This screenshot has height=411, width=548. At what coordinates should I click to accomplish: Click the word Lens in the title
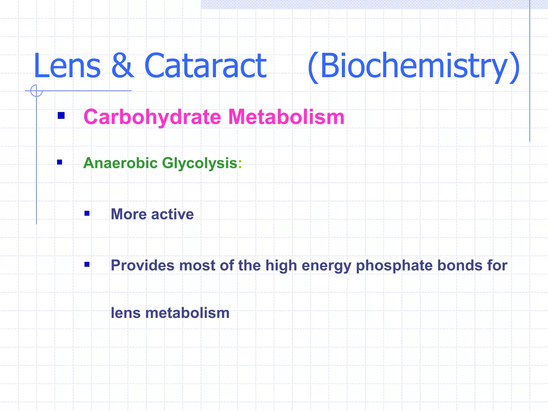(67, 66)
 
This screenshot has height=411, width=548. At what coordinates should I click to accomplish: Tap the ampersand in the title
(122, 66)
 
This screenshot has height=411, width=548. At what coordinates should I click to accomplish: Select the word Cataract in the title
(205, 66)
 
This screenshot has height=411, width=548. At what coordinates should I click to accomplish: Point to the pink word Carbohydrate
(152, 117)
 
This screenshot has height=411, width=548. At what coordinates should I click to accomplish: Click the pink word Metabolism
(286, 117)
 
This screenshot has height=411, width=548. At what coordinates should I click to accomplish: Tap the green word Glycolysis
(200, 163)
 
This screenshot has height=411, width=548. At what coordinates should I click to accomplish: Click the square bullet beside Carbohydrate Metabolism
(61, 116)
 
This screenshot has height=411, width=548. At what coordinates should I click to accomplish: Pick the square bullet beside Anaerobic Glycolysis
(60, 162)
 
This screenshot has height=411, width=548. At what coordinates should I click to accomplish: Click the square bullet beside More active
(87, 213)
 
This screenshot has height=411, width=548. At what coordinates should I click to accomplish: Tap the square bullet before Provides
(87, 265)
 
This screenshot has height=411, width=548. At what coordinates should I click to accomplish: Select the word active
(172, 214)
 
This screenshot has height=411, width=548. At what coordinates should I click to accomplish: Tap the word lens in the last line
(125, 313)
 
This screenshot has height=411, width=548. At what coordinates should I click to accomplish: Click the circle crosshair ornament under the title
(36, 91)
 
